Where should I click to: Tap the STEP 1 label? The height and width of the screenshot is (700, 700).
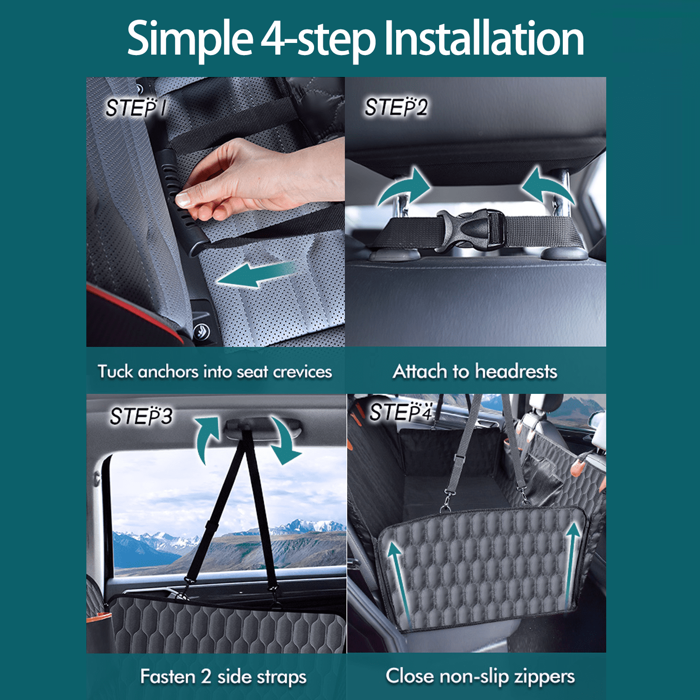pyautogui.click(x=135, y=108)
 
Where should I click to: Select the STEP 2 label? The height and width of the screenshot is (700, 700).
pyautogui.click(x=396, y=107)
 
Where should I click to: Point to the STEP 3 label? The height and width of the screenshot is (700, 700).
pyautogui.click(x=141, y=416)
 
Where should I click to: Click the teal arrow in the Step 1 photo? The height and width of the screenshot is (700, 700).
pyautogui.click(x=254, y=275)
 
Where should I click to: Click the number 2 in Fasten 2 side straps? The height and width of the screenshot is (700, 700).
pyautogui.click(x=206, y=677)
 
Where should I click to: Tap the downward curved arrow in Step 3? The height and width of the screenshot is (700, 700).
pyautogui.click(x=285, y=441)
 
